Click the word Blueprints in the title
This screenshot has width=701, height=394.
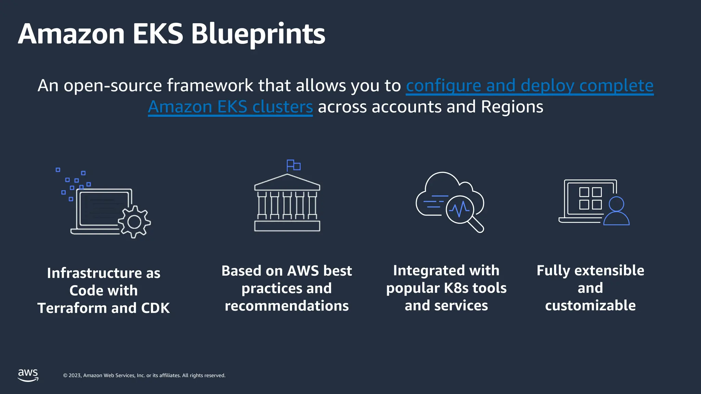(258, 34)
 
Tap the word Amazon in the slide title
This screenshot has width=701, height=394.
(71, 34)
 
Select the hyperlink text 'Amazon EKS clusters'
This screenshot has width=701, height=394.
(230, 107)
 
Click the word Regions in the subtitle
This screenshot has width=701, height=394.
(512, 107)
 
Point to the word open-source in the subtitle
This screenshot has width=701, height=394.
(113, 86)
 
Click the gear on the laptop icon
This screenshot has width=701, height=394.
(134, 222)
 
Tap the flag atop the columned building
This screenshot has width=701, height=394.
(293, 166)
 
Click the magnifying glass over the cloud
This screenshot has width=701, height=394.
(462, 211)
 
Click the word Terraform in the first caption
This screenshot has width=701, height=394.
(72, 308)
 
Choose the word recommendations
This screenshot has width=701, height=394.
(287, 306)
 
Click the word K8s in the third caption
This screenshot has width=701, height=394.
(456, 288)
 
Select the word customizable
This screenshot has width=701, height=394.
(590, 305)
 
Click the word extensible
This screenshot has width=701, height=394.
(609, 271)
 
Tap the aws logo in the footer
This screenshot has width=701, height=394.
(28, 375)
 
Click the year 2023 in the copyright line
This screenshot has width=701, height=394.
(75, 376)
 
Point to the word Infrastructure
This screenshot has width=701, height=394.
(94, 273)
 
